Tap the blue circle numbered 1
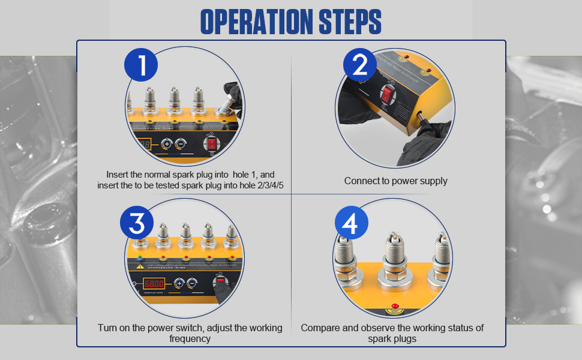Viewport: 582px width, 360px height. point(141,65)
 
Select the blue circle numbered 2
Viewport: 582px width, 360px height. point(359,65)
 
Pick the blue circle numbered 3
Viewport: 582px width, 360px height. point(137,223)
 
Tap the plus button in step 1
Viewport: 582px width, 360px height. point(166,144)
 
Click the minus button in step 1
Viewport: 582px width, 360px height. point(179,144)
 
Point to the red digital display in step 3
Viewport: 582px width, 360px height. point(154,283)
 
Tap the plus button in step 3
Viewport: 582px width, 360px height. point(178,283)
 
